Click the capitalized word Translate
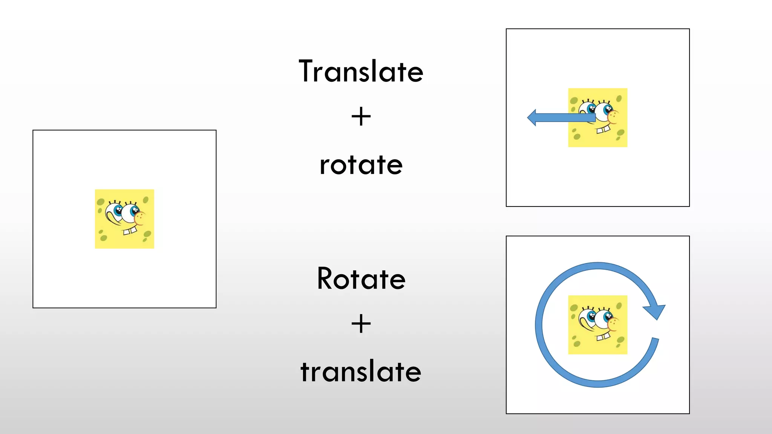[361, 71]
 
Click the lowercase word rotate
[361, 165]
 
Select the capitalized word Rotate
[361, 279]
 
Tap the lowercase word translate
[361, 371]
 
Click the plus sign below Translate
[361, 116]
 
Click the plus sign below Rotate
[361, 324]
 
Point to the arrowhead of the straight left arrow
[532, 118]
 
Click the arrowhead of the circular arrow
[656, 311]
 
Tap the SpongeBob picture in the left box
[124, 219]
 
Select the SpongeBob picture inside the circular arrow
[597, 325]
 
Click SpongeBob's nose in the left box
[139, 218]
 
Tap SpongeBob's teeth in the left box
[130, 231]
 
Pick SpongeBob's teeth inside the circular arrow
[603, 336]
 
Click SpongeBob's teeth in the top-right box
[603, 130]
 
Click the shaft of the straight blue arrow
[565, 118]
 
